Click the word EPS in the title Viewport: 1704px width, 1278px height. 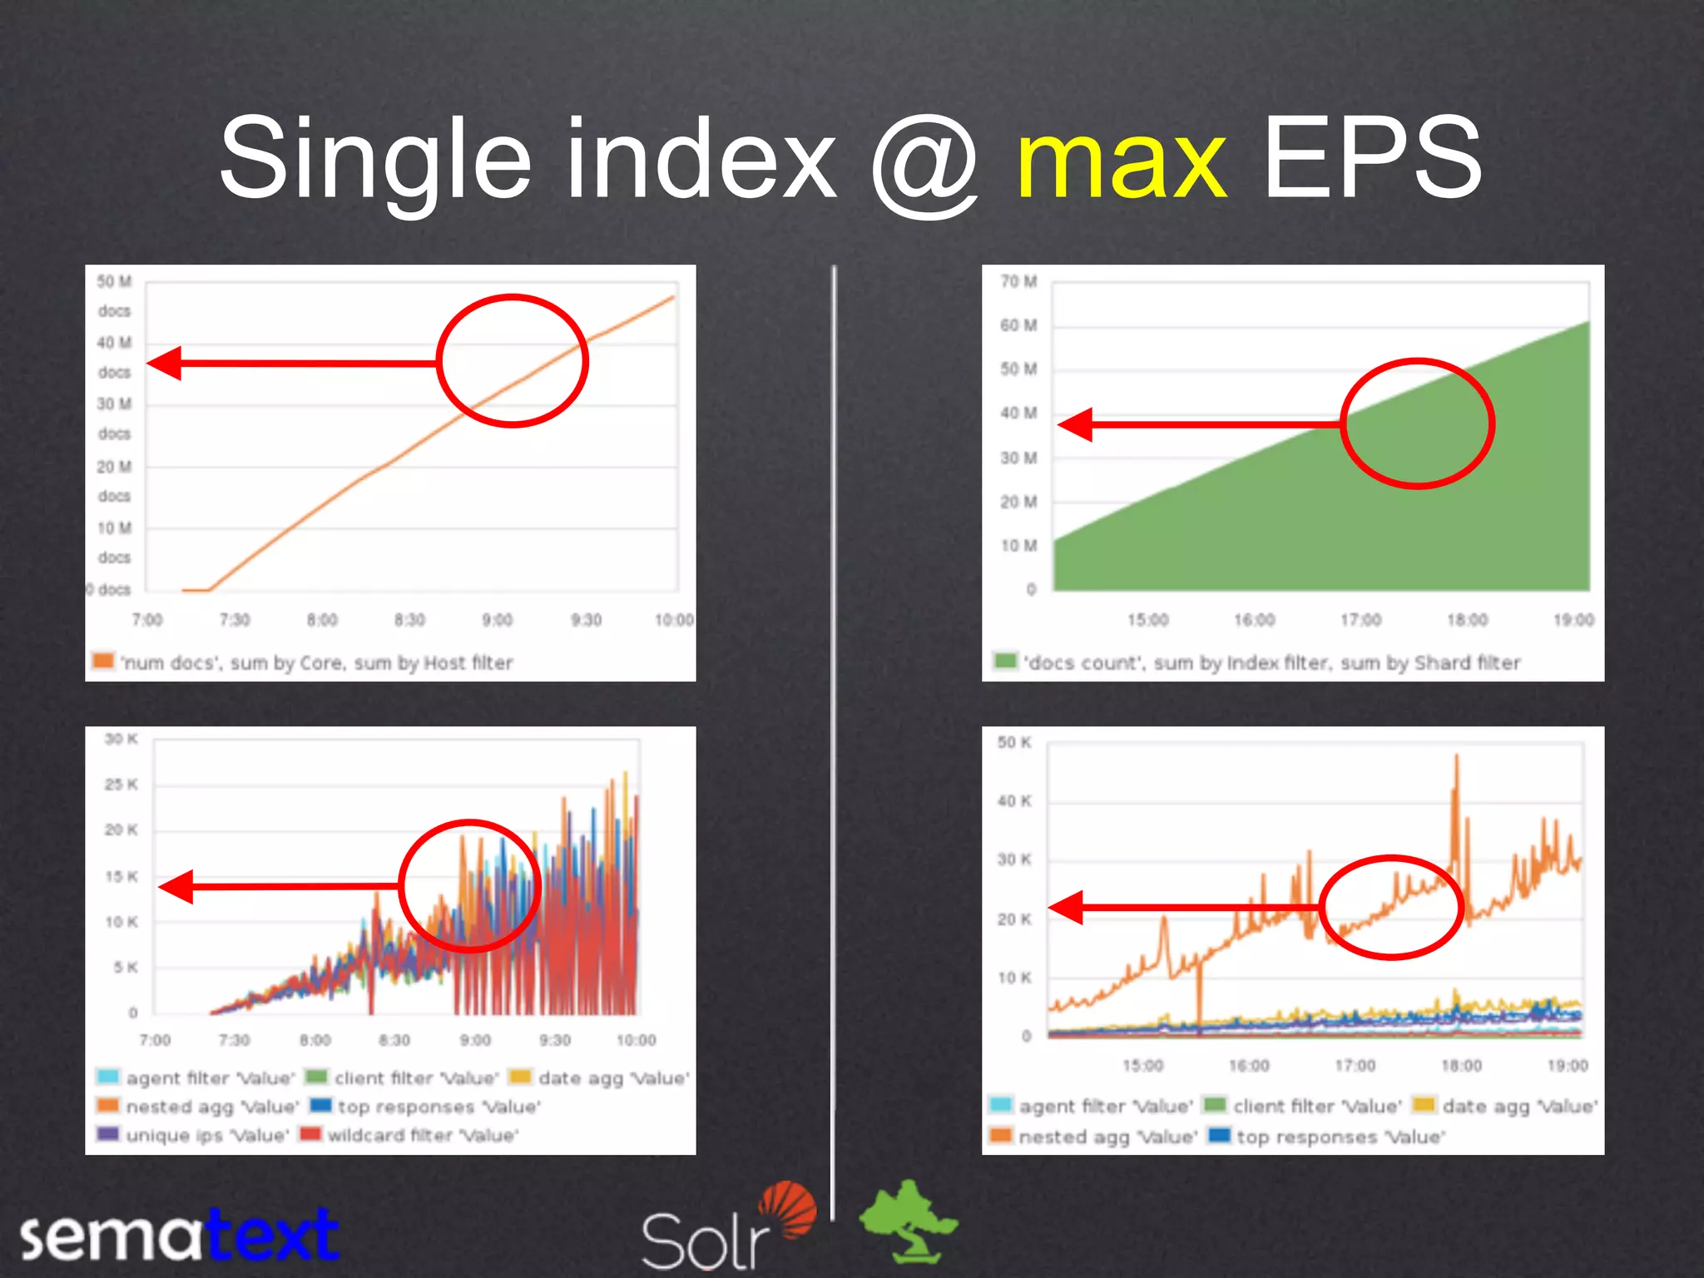click(x=1372, y=158)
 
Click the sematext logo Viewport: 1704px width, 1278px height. click(x=179, y=1236)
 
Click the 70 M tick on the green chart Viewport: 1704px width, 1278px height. click(x=1018, y=282)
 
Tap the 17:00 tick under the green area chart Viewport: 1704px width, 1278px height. click(x=1360, y=620)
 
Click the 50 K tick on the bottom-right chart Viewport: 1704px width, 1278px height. click(x=1014, y=742)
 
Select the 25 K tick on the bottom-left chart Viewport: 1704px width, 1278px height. click(x=121, y=785)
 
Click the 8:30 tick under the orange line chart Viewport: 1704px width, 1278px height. click(x=409, y=620)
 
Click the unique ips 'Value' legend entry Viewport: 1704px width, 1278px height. click(x=194, y=1136)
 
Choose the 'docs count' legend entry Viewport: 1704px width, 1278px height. click(x=1258, y=663)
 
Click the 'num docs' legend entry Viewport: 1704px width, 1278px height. click(x=303, y=663)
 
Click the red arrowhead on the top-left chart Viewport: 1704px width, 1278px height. click(x=164, y=363)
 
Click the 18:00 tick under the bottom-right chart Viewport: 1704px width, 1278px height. click(x=1461, y=1066)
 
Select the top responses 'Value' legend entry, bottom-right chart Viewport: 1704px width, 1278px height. click(x=1328, y=1137)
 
